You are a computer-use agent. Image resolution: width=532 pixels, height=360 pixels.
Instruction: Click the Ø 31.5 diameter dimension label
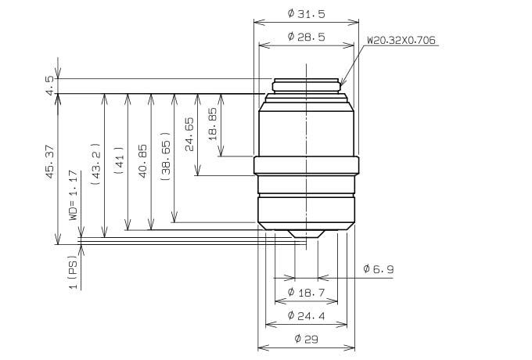307,13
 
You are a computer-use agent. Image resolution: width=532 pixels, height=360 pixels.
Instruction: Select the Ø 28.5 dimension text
307,37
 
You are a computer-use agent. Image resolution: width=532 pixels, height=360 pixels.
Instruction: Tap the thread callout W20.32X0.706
401,40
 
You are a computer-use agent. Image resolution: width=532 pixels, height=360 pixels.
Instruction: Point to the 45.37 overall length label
50,161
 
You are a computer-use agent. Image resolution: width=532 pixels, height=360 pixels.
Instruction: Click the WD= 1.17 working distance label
74,196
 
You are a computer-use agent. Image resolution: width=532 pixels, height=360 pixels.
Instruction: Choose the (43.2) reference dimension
96,164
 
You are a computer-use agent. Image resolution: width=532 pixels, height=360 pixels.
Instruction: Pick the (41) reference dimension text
120,160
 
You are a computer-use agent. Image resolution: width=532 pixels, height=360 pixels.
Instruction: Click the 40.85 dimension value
143,161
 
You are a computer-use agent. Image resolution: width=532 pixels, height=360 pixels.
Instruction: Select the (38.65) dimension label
166,156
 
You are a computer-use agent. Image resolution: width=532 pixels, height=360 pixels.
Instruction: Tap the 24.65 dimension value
189,134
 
